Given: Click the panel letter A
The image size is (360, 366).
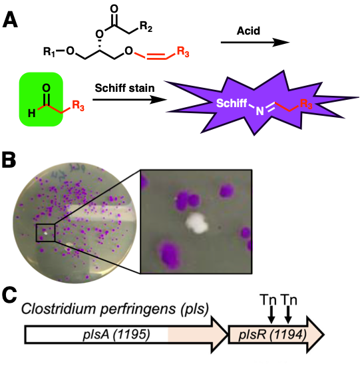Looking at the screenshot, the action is click(x=10, y=20).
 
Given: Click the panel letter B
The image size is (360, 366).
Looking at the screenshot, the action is click(x=9, y=160).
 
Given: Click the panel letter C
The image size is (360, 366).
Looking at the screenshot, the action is click(x=9, y=295).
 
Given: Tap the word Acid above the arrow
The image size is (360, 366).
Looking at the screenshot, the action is click(x=248, y=31).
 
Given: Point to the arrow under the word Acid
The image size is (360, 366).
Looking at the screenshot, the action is click(x=255, y=43).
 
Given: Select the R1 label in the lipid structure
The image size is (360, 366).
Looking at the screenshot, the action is click(x=49, y=52).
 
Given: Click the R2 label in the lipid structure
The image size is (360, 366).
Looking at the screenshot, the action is click(x=146, y=27).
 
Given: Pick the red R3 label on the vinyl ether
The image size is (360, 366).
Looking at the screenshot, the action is click(x=183, y=52).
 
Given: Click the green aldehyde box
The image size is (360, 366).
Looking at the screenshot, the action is click(x=41, y=99).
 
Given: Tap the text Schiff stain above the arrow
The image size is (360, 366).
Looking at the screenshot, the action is click(x=124, y=89).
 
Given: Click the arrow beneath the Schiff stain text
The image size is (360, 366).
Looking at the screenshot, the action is click(x=130, y=100).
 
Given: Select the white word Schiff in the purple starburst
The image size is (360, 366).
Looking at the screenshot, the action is click(x=232, y=103).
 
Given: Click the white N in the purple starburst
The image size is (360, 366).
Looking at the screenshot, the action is click(x=260, y=111).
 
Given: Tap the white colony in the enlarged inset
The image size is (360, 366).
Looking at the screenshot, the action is click(x=197, y=223).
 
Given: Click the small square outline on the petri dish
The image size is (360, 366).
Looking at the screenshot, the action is click(x=45, y=233).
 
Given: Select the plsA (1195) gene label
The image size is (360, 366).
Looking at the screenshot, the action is click(x=116, y=335).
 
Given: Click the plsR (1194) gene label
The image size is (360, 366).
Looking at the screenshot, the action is click(x=272, y=335).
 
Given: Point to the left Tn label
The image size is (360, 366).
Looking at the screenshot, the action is click(x=268, y=299).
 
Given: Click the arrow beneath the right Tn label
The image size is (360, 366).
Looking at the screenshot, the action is click(x=289, y=314).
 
